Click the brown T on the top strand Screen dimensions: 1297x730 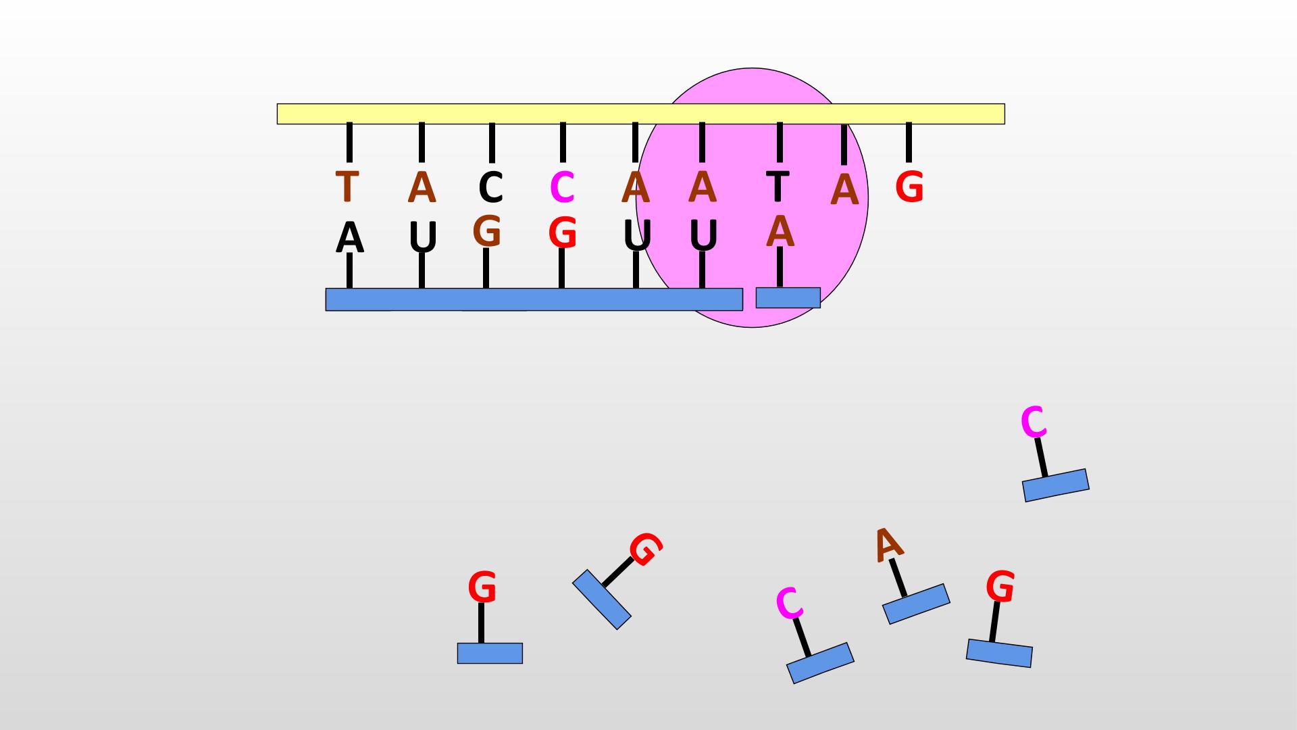(x=347, y=187)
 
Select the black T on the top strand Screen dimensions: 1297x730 (x=778, y=186)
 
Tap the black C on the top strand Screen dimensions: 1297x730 (x=491, y=187)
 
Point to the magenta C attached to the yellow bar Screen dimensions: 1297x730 (x=562, y=187)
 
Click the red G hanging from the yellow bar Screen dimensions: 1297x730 (x=909, y=187)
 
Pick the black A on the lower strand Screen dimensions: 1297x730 (x=349, y=238)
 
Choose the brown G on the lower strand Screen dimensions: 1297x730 (x=487, y=231)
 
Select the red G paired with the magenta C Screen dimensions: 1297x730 (x=562, y=233)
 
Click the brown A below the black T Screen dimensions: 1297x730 (x=780, y=231)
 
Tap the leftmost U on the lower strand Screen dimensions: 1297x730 (x=424, y=238)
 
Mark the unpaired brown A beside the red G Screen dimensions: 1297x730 (x=844, y=190)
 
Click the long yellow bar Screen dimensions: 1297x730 (x=640, y=114)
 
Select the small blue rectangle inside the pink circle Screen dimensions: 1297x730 (x=788, y=297)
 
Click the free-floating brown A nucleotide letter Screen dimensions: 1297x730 (x=888, y=544)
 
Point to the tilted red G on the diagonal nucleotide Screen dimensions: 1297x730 (x=646, y=549)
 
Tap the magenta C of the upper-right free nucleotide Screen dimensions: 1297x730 (x=1034, y=422)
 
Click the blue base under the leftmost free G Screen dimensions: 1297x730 (x=490, y=653)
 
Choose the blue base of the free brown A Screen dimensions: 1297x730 (x=916, y=604)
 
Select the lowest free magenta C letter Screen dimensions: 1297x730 (x=789, y=603)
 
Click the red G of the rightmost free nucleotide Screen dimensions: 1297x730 (x=1000, y=586)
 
